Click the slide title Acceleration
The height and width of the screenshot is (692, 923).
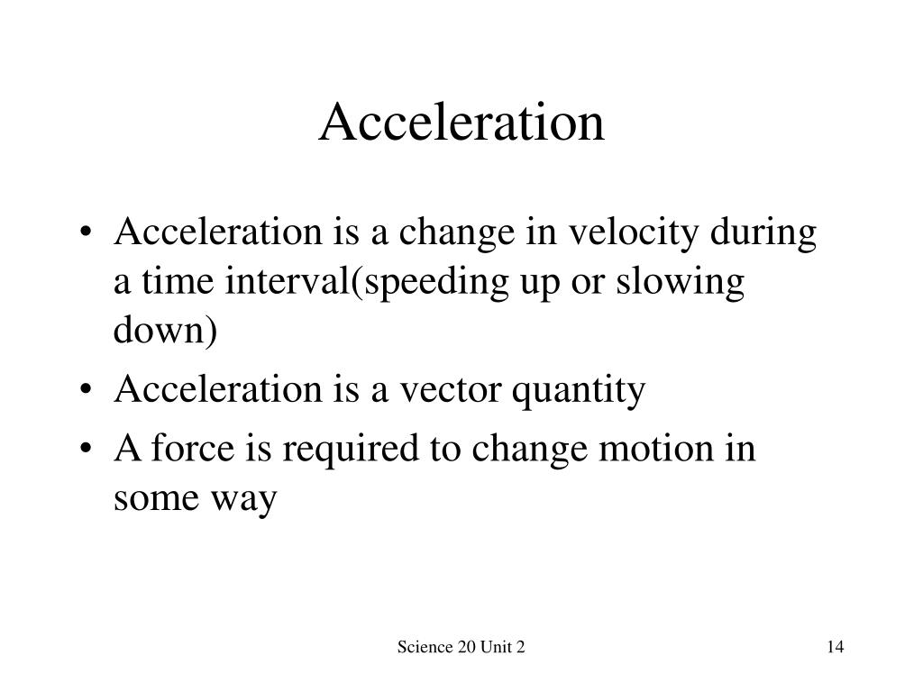461,122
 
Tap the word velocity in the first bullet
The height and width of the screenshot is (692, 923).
634,233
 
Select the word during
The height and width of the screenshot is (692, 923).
763,233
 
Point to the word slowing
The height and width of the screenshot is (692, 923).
681,282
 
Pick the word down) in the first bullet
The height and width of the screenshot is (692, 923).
166,330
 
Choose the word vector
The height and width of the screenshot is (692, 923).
451,390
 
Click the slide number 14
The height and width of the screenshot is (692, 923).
836,647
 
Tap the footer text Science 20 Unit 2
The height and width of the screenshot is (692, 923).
461,647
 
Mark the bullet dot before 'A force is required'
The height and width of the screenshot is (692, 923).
86,450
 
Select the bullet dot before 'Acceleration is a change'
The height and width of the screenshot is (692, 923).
86,233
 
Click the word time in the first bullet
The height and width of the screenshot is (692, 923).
178,282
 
